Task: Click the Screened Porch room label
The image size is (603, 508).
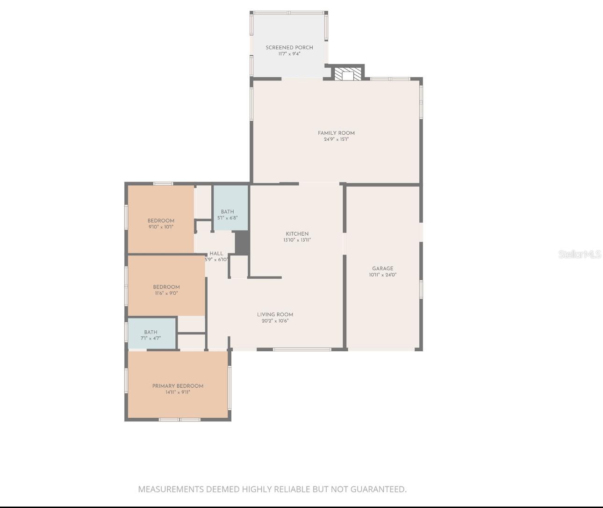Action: (289, 47)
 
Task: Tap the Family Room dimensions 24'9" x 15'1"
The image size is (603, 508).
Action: (336, 139)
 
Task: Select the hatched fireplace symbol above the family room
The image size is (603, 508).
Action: (348, 74)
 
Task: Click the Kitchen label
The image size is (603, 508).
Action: (297, 234)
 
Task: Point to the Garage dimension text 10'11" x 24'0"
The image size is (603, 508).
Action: (382, 275)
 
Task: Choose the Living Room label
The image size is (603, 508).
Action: (275, 314)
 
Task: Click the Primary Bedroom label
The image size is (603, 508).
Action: (178, 386)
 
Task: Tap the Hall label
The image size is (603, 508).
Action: (216, 254)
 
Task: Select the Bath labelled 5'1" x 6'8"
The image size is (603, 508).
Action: (228, 214)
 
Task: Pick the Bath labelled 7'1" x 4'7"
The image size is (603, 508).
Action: (151, 335)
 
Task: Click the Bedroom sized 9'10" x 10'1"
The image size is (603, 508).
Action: (161, 224)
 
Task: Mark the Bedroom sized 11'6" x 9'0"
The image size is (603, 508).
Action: (166, 290)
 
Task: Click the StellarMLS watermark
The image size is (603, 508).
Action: (580, 254)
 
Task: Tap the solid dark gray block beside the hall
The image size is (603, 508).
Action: (242, 243)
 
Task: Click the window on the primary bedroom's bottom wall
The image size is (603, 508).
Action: (179, 420)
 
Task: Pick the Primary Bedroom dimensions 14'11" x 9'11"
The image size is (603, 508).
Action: (178, 392)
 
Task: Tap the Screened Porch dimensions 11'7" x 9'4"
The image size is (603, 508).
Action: (289, 54)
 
